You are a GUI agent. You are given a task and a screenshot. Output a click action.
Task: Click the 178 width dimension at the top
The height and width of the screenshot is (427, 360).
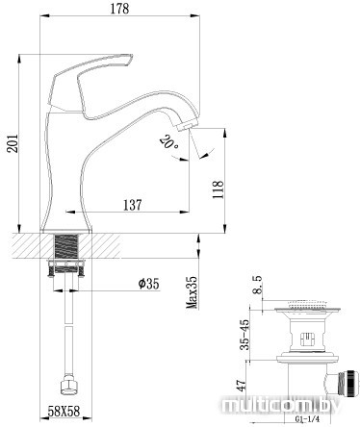119,9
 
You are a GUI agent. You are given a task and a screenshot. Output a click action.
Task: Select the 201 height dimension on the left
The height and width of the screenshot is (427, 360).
13,142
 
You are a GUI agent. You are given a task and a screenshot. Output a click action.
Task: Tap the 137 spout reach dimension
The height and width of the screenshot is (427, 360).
132,205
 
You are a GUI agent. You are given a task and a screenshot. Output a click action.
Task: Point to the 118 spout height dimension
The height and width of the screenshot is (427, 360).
218,189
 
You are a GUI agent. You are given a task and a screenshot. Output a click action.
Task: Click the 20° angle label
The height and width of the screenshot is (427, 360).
169,143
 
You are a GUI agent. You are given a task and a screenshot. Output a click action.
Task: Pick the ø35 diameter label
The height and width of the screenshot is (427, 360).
148,284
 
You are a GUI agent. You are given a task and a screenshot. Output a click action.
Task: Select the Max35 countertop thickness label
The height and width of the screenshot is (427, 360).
193,292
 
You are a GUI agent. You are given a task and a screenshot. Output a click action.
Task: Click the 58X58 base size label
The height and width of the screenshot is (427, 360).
64,411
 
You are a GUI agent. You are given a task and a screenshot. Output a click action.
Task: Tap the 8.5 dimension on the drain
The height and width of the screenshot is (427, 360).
257,285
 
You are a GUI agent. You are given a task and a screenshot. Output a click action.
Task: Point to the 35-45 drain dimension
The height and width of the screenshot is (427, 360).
244,335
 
